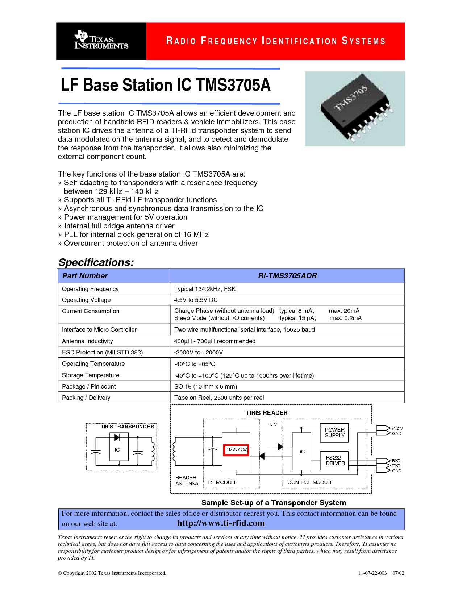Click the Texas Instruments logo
click(101, 41)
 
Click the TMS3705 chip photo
click(354, 109)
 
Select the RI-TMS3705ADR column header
click(287, 276)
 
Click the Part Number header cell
click(85, 276)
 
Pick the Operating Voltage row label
click(86, 300)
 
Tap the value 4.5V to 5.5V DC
click(196, 300)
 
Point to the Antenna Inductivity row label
click(87, 341)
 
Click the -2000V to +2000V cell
click(198, 352)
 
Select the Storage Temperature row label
click(91, 375)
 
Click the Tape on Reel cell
click(219, 398)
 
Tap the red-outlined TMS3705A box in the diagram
click(236, 450)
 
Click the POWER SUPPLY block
click(334, 433)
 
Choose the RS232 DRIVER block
click(335, 461)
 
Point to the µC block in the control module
click(301, 452)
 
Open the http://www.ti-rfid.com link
click(221, 523)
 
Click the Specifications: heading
click(96, 262)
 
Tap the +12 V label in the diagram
click(397, 428)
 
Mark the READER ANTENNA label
click(187, 481)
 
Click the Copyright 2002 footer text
click(112, 573)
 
